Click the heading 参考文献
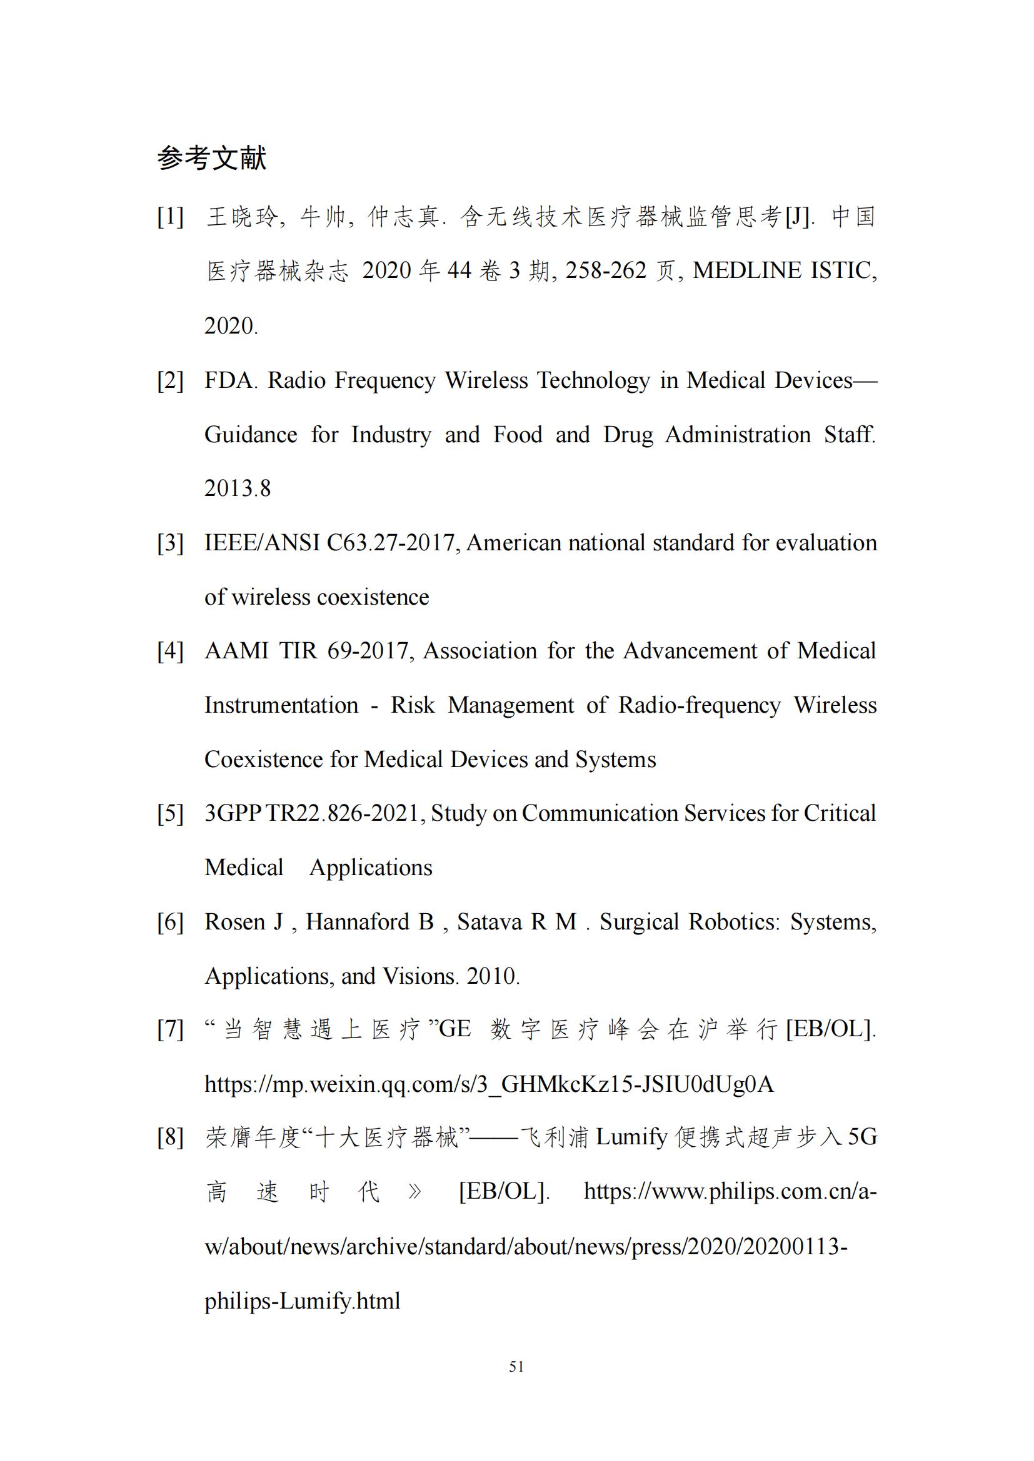(x=211, y=158)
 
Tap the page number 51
(x=516, y=1365)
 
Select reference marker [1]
(x=171, y=217)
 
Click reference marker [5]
(x=171, y=813)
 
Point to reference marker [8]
(x=171, y=1136)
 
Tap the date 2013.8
(x=238, y=488)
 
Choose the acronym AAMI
(x=236, y=651)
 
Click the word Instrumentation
(x=281, y=705)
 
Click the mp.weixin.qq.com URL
(x=488, y=1084)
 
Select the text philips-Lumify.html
(x=303, y=1300)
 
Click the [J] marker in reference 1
(x=798, y=217)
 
